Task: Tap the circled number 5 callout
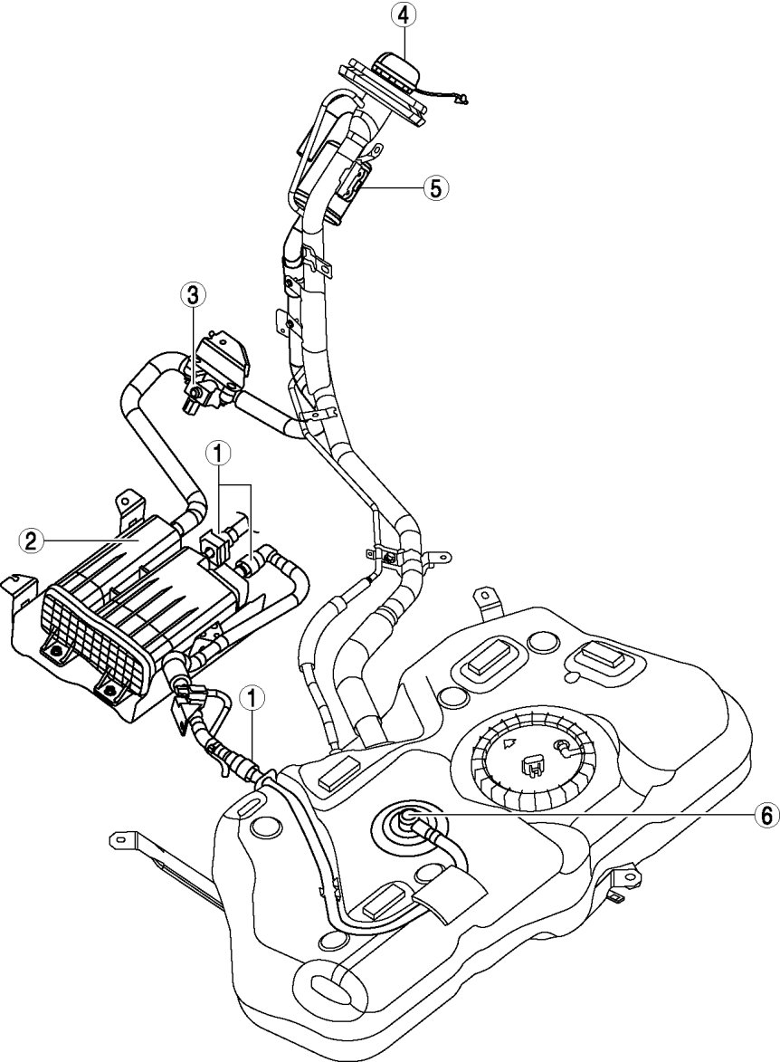(x=435, y=187)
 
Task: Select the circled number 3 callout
(x=193, y=294)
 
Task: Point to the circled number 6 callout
(x=766, y=816)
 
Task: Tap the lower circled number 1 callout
(x=254, y=698)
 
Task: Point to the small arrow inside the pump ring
(x=509, y=743)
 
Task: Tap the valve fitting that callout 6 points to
(x=407, y=818)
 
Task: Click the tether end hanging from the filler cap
(x=461, y=101)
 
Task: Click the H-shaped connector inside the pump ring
(x=533, y=766)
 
